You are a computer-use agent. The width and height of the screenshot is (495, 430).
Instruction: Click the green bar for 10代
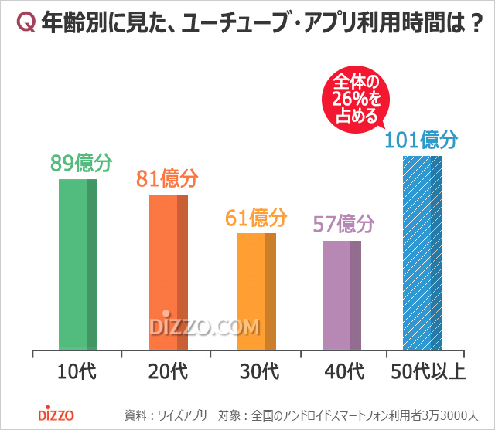[78, 264]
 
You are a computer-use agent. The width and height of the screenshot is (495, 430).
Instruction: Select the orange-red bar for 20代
[168, 272]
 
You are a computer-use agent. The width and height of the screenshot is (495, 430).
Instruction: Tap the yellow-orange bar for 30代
[256, 291]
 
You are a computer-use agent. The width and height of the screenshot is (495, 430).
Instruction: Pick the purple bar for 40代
[342, 295]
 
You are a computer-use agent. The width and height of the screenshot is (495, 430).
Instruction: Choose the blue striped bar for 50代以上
[422, 252]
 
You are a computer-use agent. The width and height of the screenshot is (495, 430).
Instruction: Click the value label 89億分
[81, 163]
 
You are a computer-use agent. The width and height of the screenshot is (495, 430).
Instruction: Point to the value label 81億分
[168, 179]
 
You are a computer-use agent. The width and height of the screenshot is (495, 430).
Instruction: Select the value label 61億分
[256, 218]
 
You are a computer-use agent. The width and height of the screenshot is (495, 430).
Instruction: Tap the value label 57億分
[343, 225]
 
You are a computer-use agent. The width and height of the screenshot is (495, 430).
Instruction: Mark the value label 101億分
[422, 141]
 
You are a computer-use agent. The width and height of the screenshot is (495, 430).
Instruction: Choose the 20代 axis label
[168, 372]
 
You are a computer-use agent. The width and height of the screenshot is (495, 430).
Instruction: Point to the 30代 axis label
[258, 372]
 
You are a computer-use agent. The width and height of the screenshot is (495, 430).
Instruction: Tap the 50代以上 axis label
[427, 372]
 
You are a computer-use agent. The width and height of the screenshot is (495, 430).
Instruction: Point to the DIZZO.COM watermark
[205, 325]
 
